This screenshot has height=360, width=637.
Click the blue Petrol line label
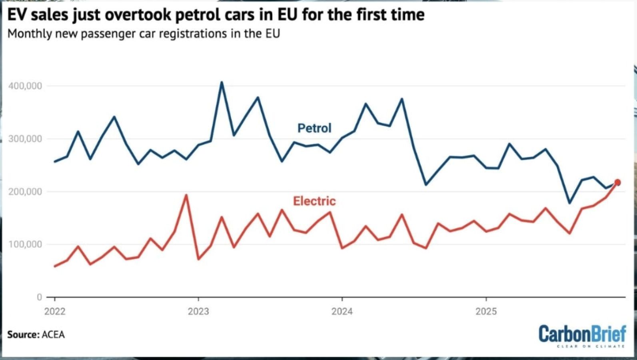tap(314, 128)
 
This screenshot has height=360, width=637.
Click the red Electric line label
tap(314, 201)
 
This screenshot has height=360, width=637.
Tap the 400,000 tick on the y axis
tap(25, 86)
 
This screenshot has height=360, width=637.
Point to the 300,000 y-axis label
tap(25, 139)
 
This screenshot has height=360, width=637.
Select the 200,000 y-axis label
tap(25, 192)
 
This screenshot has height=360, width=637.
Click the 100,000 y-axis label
tap(25, 244)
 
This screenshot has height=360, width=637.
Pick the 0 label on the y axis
tap(39, 297)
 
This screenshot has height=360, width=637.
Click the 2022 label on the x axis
tap(55, 311)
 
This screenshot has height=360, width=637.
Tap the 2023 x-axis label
tap(198, 311)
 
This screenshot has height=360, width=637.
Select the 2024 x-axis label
tap(342, 311)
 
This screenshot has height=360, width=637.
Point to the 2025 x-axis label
tap(486, 311)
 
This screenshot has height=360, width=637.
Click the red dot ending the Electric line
tap(617, 182)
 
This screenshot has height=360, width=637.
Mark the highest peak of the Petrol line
tap(222, 82)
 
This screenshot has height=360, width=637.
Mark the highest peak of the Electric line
tap(186, 195)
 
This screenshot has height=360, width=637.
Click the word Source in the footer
tap(23, 334)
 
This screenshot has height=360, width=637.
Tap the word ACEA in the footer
tap(53, 334)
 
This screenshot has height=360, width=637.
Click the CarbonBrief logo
tap(582, 335)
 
